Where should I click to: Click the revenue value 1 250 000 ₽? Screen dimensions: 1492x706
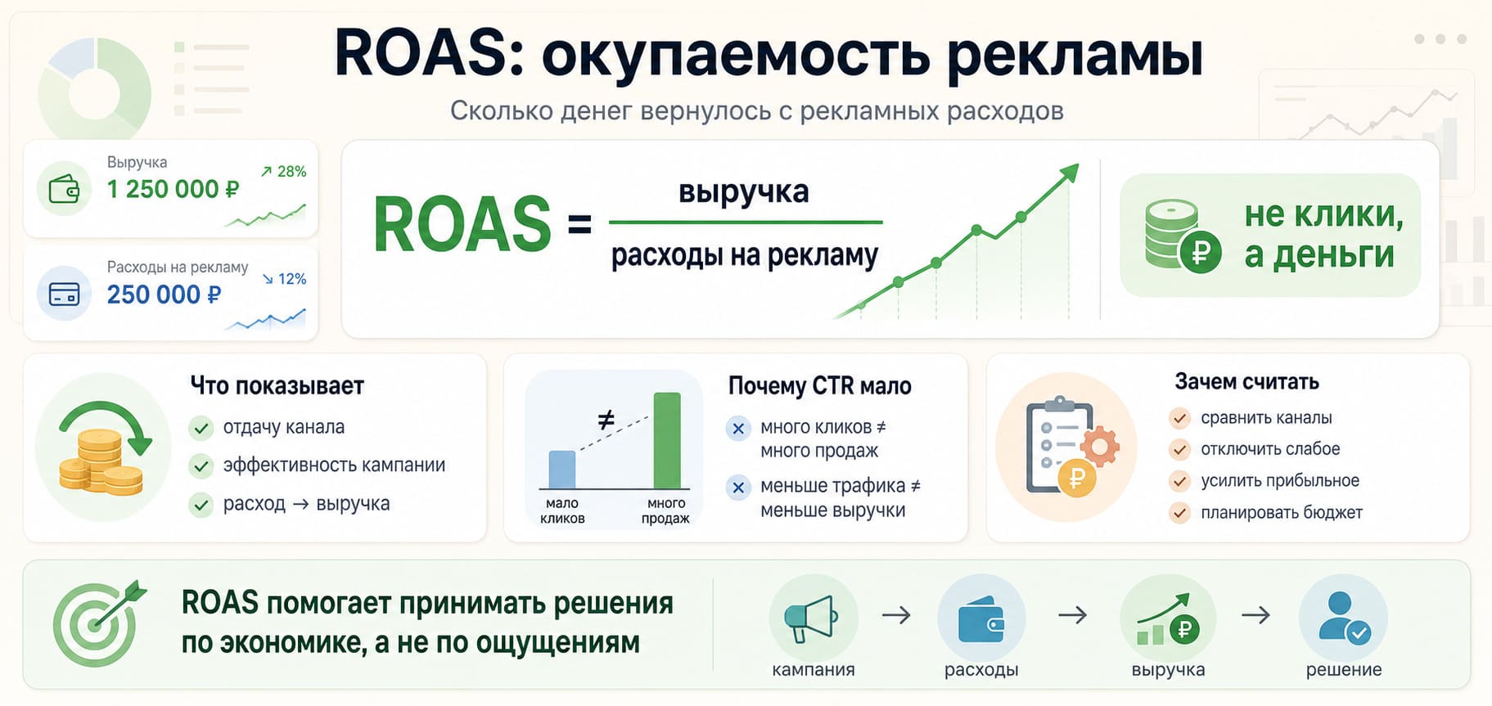[173, 189]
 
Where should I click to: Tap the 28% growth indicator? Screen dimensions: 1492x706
[283, 172]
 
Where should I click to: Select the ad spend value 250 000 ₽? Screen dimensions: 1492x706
[164, 295]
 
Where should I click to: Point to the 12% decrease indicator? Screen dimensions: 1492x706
[284, 279]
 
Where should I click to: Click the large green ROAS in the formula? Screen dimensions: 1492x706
[462, 224]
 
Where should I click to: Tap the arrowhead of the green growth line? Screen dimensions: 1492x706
[1069, 173]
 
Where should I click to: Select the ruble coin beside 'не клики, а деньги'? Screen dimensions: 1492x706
[1200, 251]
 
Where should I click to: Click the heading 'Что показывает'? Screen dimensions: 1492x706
[277, 386]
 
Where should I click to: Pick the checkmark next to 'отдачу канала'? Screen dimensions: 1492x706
[201, 428]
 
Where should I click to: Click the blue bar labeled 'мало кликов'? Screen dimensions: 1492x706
[562, 470]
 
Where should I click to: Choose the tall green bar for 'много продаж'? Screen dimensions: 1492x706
[667, 441]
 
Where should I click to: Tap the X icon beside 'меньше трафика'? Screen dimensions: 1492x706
[738, 488]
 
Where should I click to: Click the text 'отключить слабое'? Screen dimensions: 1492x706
[1270, 449]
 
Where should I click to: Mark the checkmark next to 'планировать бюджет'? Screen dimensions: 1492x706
[1179, 513]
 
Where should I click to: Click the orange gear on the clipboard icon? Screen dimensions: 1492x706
[1100, 446]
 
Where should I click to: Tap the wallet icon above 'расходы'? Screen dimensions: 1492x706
[980, 621]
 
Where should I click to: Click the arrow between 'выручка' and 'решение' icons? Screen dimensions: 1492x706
[1255, 614]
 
